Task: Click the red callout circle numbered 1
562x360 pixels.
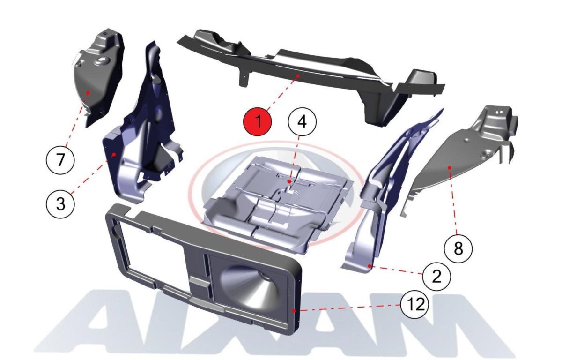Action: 257,121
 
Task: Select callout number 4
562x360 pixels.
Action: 302,122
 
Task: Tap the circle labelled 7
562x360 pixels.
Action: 60,160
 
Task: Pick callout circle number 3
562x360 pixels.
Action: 60,203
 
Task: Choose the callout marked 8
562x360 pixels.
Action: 458,248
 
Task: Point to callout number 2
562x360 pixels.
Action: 436,277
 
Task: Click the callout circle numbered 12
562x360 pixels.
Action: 414,305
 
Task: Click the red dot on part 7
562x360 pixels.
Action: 88,93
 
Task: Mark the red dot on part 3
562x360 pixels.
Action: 114,154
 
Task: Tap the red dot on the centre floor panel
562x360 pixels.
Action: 289,181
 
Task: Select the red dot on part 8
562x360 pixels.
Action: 450,167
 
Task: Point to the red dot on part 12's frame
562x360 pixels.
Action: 294,311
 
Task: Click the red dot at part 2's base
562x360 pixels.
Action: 369,266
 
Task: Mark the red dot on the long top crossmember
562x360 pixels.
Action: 298,75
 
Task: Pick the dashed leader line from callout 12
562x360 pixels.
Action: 348,308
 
